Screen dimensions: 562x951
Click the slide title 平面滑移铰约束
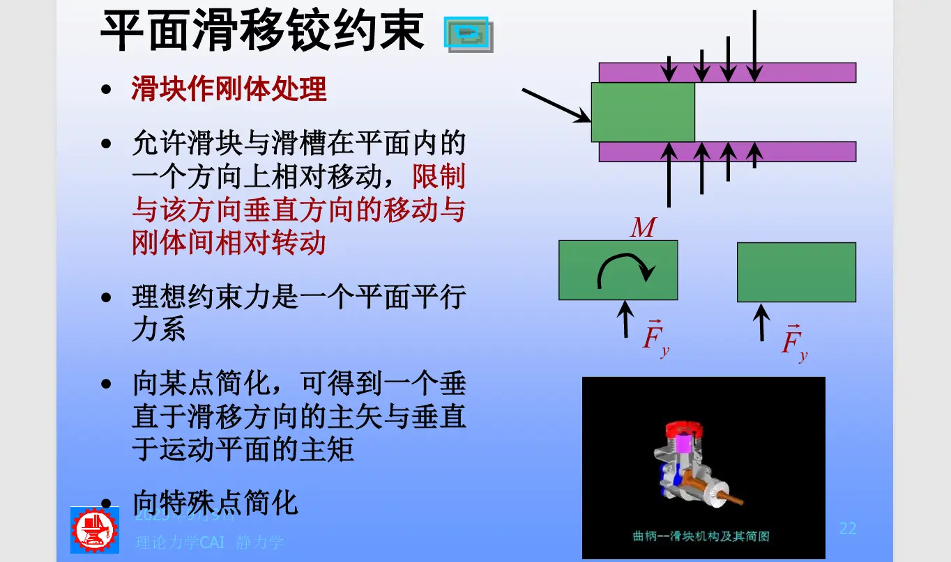click(262, 31)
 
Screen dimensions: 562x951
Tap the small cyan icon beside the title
click(468, 34)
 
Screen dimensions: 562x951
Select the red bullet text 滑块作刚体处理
click(229, 89)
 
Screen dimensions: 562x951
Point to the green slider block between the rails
click(643, 112)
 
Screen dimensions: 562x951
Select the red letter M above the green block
click(642, 228)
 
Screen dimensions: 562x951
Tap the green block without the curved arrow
click(796, 272)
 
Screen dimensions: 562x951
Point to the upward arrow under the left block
click(626, 320)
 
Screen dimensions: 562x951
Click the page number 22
click(847, 528)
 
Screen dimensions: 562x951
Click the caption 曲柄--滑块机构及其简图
click(701, 536)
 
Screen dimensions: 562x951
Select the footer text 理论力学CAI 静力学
click(209, 542)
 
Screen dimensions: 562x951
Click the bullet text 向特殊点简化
click(215, 502)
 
